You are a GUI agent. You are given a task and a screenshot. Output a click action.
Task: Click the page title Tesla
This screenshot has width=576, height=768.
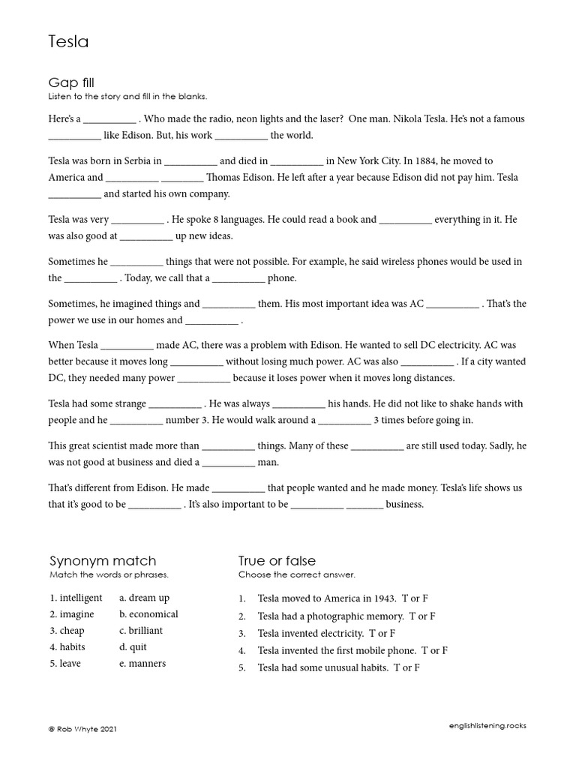(68, 42)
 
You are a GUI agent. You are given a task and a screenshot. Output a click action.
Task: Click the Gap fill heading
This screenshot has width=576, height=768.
(71, 82)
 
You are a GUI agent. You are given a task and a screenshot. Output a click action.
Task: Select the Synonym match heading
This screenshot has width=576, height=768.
(103, 561)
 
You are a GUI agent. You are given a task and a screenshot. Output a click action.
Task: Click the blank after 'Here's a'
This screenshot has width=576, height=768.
(109, 120)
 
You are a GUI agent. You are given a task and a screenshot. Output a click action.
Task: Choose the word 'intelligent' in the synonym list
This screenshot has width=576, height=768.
(81, 598)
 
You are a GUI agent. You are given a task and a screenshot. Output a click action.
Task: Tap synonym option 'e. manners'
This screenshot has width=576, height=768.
(142, 664)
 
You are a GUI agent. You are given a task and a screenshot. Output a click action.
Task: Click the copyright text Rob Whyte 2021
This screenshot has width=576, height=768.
(83, 729)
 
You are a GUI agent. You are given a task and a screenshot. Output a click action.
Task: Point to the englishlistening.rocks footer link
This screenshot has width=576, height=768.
(487, 726)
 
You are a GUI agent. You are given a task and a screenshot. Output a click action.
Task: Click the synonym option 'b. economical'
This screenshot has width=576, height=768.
(148, 614)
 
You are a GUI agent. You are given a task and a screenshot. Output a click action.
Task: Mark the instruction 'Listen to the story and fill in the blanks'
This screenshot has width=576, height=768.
(127, 97)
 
